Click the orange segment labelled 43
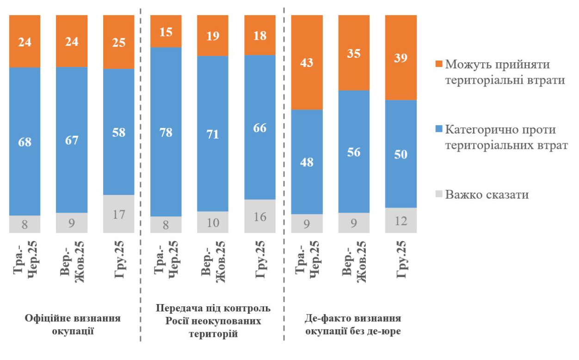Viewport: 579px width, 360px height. (307, 62)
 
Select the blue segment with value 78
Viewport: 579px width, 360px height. (166, 132)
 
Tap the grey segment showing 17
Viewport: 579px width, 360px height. (119, 214)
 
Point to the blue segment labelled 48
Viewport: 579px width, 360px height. (307, 162)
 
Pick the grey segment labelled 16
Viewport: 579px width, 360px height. (260, 216)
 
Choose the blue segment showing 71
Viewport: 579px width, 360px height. (213, 134)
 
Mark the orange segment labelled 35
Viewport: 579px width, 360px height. (354, 53)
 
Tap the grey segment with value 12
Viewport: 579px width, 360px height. (401, 220)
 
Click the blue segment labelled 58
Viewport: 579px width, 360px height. (119, 132)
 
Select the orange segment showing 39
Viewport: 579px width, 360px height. (401, 58)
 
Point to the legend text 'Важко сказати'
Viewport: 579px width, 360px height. (487, 195)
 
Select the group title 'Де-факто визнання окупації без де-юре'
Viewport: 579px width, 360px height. (353, 324)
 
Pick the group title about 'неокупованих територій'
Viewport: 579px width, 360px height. (213, 321)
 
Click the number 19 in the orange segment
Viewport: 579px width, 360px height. (213, 36)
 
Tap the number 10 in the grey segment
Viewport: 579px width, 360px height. (213, 222)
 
